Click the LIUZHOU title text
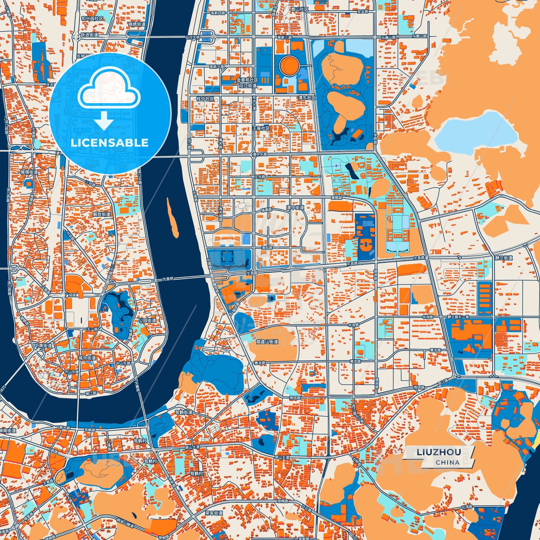coord(438,452)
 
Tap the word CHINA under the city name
coord(447,462)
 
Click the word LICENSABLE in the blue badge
coord(109,142)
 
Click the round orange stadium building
coord(289,66)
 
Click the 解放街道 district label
coord(102,214)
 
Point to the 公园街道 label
coord(148,320)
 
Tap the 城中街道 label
coord(87,358)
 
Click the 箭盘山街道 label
coord(267,342)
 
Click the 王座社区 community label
coord(261,128)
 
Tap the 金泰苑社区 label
coord(244,80)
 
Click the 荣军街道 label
coord(214,513)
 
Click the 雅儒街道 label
coord(29,172)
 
